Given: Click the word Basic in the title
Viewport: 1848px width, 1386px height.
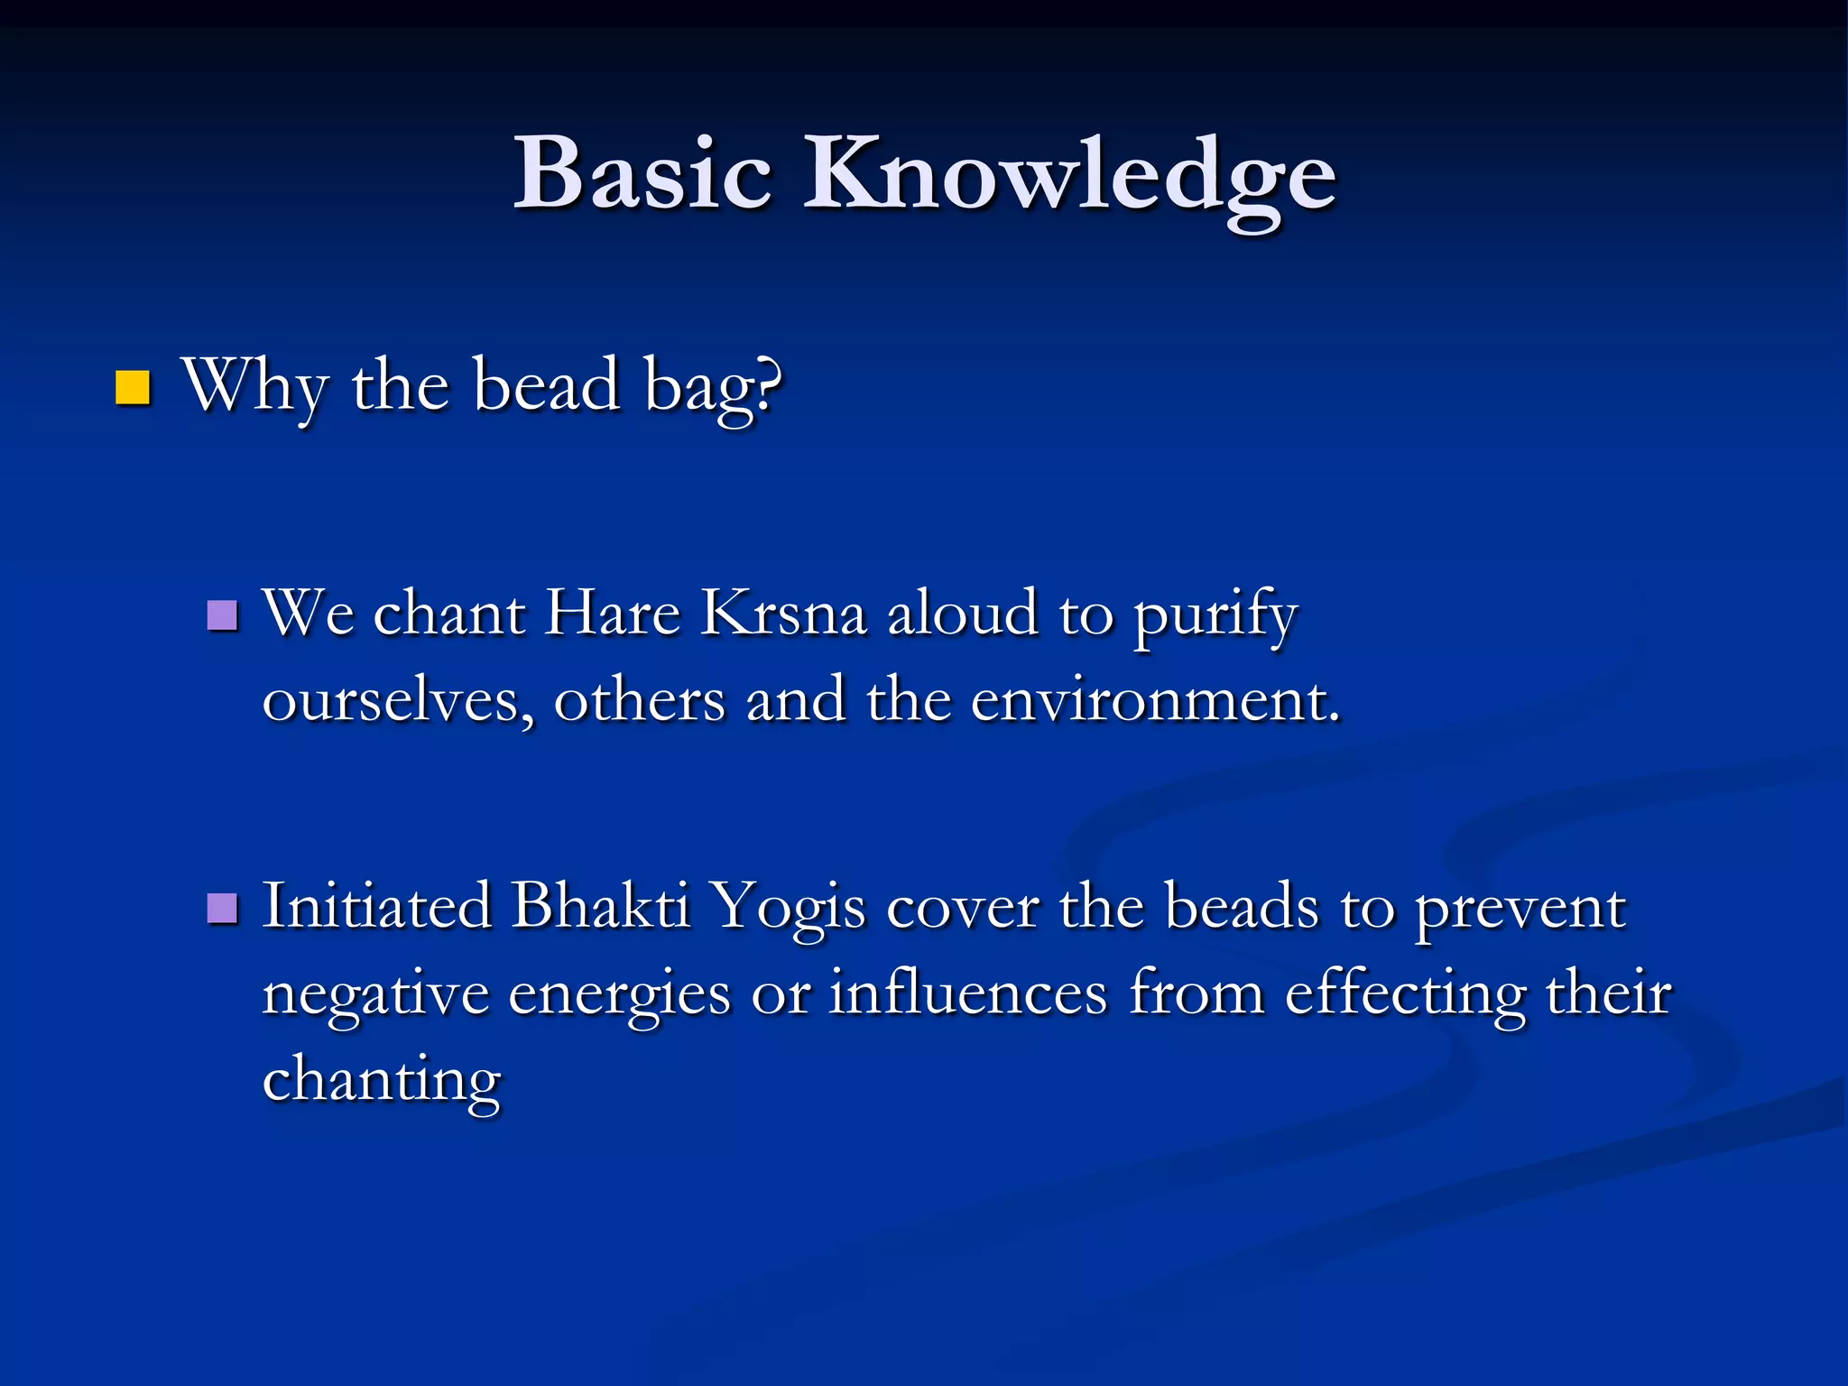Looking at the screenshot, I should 642,173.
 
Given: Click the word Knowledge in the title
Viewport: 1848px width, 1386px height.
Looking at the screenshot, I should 1069,176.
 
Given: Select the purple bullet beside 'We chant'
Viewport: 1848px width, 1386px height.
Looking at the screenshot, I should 222,615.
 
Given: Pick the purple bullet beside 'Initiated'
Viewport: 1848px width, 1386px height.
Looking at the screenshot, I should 222,909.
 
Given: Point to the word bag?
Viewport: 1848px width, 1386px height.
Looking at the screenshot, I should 713,388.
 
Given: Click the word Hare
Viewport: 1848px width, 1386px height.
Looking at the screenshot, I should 614,614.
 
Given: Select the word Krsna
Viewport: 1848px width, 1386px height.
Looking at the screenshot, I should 783,614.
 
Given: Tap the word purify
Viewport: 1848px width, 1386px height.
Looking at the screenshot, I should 1215,617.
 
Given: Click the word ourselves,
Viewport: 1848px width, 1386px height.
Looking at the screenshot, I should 396,702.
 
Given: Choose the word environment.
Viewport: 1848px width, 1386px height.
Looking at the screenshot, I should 1155,702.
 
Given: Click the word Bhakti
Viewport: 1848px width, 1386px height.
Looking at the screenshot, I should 601,906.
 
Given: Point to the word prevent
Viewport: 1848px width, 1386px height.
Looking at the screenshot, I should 1520,910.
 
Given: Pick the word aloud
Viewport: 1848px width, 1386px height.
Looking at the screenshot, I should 963,614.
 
